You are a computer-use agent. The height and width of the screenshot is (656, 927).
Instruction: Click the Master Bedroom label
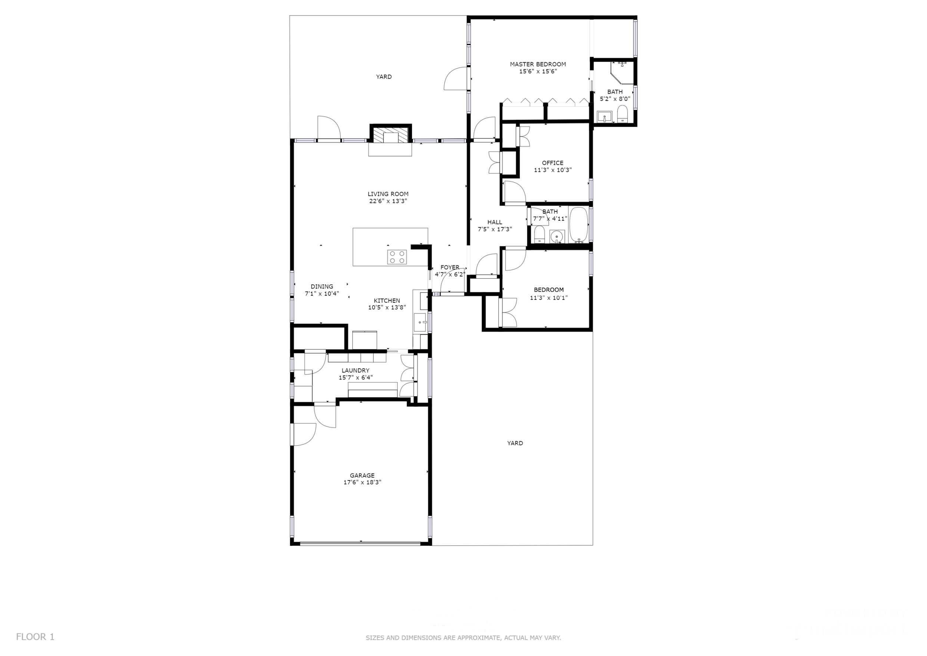(537, 64)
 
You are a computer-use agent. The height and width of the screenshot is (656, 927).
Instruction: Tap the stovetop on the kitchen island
(396, 257)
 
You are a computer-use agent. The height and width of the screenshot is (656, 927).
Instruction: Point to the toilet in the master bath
(622, 114)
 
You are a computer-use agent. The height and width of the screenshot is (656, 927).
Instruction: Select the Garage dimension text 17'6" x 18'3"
(362, 482)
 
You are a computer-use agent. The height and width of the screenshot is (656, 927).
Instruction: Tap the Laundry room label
(355, 370)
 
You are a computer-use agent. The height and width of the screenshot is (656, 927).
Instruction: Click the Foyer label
(449, 268)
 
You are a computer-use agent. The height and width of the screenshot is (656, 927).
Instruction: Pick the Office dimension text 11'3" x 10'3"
(552, 170)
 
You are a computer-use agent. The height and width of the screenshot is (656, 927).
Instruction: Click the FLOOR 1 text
(35, 637)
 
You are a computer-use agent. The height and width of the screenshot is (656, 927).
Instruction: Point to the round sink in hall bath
(557, 236)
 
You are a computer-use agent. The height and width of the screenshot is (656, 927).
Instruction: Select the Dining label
(322, 287)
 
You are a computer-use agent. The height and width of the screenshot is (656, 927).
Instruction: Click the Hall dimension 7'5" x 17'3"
(495, 229)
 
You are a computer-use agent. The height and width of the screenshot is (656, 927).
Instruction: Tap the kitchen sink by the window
(420, 322)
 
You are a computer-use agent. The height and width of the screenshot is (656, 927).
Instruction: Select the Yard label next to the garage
(515, 443)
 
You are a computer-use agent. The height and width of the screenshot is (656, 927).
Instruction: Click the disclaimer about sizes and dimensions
(463, 638)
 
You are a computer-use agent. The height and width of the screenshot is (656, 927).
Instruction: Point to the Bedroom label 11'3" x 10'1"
(548, 290)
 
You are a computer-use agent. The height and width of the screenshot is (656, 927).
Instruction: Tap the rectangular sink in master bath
(604, 117)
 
